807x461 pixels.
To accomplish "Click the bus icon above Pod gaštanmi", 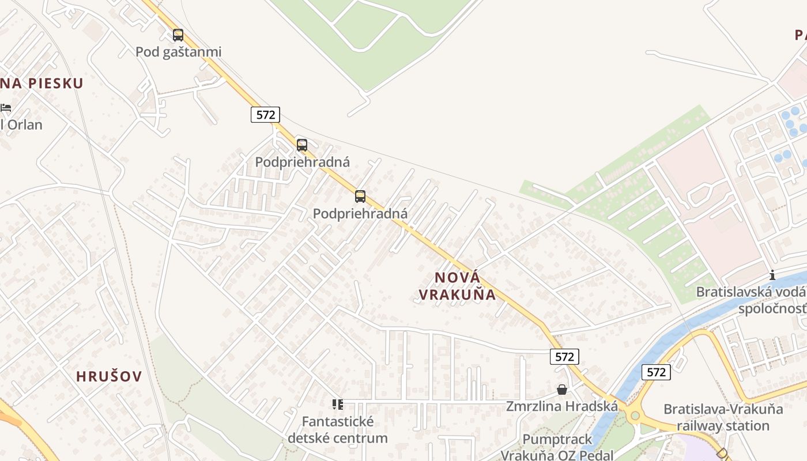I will (x=178, y=35).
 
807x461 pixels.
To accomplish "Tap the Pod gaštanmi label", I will (x=178, y=52).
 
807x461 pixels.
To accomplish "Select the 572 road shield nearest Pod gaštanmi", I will (x=265, y=115).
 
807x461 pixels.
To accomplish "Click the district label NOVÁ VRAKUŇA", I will (x=457, y=286).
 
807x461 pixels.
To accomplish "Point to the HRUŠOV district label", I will (x=109, y=377).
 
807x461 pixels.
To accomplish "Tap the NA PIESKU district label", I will (x=42, y=84).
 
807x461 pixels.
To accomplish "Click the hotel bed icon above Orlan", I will (x=6, y=108).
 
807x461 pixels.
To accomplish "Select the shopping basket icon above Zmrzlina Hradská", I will (x=562, y=390).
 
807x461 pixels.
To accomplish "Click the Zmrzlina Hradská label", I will (x=562, y=406).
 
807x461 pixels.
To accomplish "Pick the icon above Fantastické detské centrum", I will (x=337, y=405).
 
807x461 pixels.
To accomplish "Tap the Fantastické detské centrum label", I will (x=337, y=430).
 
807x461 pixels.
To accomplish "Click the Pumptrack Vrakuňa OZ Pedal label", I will (x=557, y=447).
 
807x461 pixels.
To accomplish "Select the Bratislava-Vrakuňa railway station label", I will (x=723, y=418).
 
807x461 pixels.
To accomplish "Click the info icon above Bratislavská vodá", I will (x=772, y=275).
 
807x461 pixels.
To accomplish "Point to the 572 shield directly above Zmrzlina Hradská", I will (x=564, y=357).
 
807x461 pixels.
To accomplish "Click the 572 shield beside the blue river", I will (x=656, y=372).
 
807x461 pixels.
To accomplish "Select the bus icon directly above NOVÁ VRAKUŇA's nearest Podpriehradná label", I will (x=360, y=197).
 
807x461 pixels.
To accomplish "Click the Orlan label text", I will (x=23, y=124).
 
